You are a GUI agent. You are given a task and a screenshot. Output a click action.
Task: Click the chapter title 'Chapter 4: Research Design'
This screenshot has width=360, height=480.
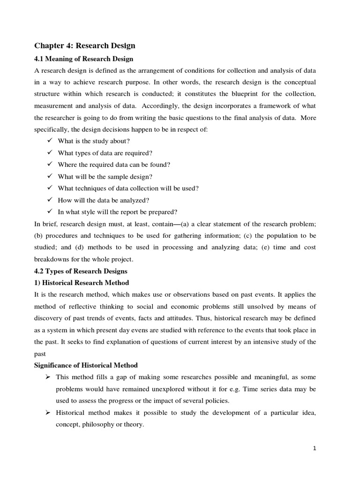click(x=85, y=45)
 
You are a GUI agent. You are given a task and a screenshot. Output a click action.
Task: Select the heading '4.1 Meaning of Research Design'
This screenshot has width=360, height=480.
click(x=84, y=59)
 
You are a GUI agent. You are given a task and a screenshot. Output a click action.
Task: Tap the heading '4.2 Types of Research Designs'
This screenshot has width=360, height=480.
click(x=81, y=271)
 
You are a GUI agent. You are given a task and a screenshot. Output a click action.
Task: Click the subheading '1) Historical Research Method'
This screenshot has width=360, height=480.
click(x=82, y=283)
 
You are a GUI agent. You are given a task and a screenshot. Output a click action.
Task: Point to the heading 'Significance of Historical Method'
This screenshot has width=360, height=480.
click(x=86, y=365)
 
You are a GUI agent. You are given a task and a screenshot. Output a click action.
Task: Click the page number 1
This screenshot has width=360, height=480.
click(x=315, y=449)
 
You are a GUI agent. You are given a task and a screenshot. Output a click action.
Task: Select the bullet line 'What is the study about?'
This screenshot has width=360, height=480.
click(x=93, y=141)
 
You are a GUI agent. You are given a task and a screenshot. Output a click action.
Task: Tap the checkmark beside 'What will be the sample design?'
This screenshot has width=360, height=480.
click(x=50, y=176)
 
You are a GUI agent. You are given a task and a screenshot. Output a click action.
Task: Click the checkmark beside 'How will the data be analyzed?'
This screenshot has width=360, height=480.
click(x=50, y=200)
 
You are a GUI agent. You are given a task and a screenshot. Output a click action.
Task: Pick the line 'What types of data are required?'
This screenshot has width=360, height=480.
click(x=105, y=153)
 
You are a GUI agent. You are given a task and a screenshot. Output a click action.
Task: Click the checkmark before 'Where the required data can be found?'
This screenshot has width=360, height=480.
click(x=50, y=165)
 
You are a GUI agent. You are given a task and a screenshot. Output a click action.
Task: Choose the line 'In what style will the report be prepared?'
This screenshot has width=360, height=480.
click(x=117, y=211)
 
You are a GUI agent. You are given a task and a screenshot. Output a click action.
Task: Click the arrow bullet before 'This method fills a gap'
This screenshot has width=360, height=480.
click(x=48, y=377)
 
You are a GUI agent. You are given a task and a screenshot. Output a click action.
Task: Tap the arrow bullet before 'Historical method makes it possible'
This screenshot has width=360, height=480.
click(x=48, y=412)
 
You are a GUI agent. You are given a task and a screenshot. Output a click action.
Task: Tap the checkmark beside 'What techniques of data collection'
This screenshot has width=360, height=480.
click(x=50, y=188)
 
